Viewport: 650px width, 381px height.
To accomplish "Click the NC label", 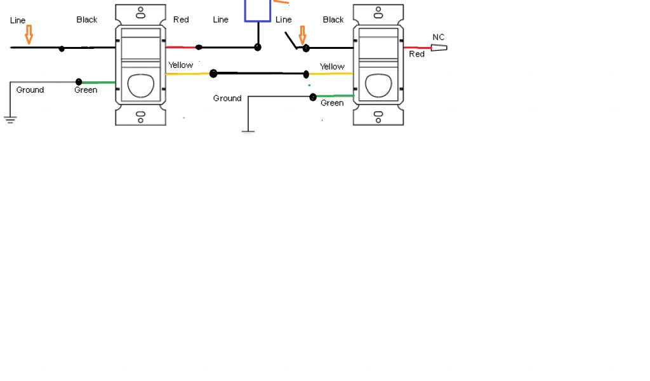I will coord(439,37).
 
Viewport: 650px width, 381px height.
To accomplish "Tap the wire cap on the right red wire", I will coord(439,48).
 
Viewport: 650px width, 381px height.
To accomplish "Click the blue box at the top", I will coord(258,11).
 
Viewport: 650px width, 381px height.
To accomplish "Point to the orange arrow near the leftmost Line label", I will coord(29,34).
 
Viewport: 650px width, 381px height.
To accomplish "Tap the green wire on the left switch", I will coord(98,82).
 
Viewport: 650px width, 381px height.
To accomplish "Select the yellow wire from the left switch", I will coord(187,74).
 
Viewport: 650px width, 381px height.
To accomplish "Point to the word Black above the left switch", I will coord(87,20).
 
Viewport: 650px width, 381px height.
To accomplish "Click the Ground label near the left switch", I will coord(30,90).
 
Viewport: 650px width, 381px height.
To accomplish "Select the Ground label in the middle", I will coord(227,98).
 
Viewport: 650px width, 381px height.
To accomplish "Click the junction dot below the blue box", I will coord(258,47).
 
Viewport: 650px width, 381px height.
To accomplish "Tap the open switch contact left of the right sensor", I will coord(293,43).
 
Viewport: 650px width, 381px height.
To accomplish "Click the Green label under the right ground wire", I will coord(332,104).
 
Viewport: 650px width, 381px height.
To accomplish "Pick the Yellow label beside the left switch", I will coord(181,65).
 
